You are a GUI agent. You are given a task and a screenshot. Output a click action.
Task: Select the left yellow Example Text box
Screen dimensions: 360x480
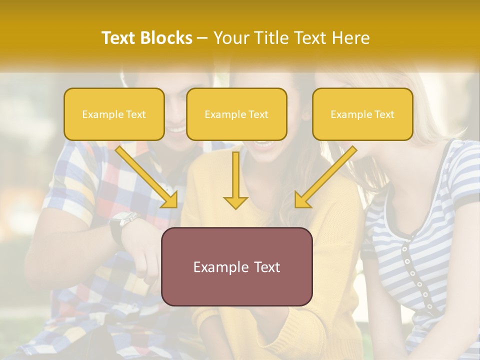pyautogui.click(x=114, y=114)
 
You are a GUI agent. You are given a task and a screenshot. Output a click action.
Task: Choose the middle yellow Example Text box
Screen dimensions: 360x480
pyautogui.click(x=236, y=114)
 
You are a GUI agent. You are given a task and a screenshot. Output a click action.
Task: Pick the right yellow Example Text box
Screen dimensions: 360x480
pyautogui.click(x=362, y=114)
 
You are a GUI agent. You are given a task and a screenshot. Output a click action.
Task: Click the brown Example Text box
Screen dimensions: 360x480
pyautogui.click(x=236, y=266)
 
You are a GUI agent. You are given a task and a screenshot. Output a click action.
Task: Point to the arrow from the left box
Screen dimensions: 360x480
pyautogui.click(x=147, y=177)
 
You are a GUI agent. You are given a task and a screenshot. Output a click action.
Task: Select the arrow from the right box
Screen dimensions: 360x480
pyautogui.click(x=325, y=177)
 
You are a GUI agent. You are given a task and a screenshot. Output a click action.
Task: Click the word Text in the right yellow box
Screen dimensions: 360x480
pyautogui.click(x=384, y=114)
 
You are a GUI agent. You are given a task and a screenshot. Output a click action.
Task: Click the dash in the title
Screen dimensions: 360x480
pyautogui.click(x=202, y=38)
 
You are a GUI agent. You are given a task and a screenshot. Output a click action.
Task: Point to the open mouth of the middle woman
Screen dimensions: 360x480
pyautogui.click(x=263, y=145)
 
